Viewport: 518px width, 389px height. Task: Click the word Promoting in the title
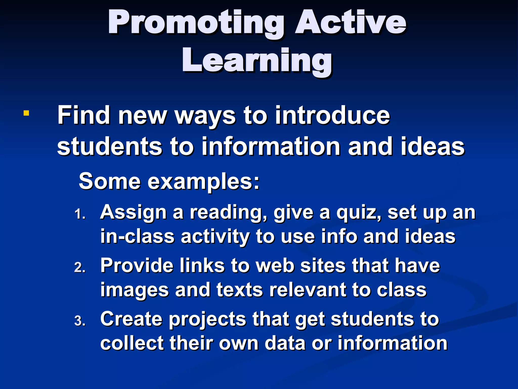click(x=196, y=23)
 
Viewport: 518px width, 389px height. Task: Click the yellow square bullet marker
click(x=26, y=113)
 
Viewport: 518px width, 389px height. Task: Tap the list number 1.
click(x=80, y=214)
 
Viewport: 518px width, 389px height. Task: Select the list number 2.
click(x=80, y=268)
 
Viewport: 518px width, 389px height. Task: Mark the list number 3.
click(x=80, y=321)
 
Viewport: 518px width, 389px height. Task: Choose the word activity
click(x=215, y=237)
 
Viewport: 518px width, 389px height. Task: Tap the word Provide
click(x=137, y=266)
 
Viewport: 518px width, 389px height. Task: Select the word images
click(x=134, y=290)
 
